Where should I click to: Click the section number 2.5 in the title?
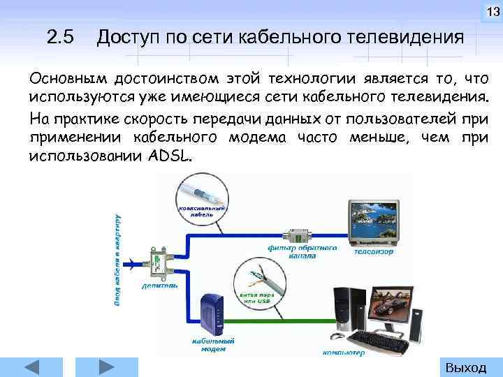pos(60,36)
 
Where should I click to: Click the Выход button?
pos(465,367)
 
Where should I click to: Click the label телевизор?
pos(374,251)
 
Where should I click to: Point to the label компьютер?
pos(343,353)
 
